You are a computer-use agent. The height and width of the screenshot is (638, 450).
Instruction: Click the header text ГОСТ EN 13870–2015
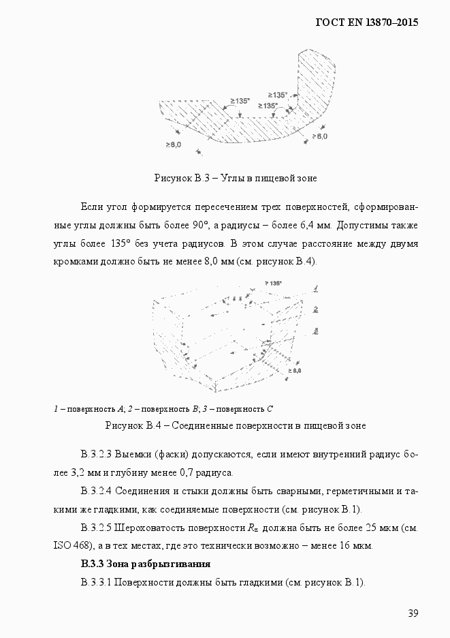tap(366, 22)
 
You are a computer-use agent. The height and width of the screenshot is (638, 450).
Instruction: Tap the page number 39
tap(413, 613)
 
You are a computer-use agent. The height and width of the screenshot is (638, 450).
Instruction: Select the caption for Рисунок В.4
tap(235, 425)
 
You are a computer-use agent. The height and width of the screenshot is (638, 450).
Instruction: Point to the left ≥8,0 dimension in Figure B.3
tap(173, 145)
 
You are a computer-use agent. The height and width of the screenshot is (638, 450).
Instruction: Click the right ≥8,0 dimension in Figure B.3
tap(319, 136)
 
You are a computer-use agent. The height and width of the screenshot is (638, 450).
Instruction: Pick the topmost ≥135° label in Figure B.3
tap(277, 95)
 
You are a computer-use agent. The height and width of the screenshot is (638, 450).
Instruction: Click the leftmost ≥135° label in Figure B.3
tap(240, 101)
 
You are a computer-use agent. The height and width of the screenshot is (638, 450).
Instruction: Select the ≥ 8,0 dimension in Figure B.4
tap(295, 370)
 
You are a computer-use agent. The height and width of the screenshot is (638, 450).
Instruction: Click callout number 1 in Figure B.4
tap(317, 288)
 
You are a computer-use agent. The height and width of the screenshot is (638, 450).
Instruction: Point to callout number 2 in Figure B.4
tap(317, 309)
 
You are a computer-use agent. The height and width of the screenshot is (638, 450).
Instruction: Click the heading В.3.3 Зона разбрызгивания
tap(145, 564)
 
